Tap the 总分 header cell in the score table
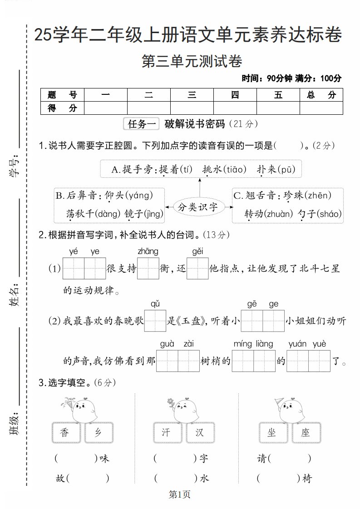[x=321, y=95]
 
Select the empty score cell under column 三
[x=192, y=108]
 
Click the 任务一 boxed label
[x=142, y=124]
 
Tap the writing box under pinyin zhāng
[x=148, y=269]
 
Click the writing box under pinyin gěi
[x=197, y=269]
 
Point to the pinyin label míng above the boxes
[x=242, y=344]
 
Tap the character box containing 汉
[x=200, y=433]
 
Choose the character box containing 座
[x=305, y=433]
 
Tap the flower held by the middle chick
[x=170, y=402]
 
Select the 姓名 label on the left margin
[x=15, y=295]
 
